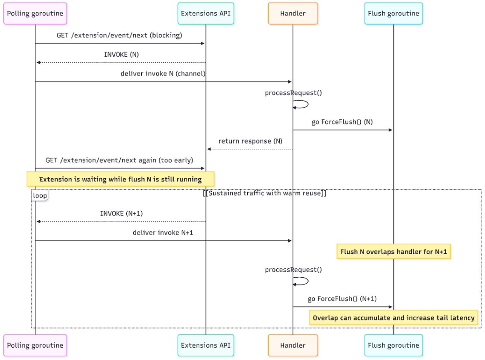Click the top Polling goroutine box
click(35, 13)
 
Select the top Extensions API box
click(206, 13)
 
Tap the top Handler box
click(293, 13)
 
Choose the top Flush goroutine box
click(393, 13)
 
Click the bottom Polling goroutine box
click(35, 345)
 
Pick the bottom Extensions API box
click(206, 345)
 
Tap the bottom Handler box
click(293, 345)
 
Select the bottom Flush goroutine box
click(393, 345)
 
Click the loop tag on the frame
click(40, 195)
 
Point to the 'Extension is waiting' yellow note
click(120, 179)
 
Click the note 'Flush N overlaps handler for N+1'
click(393, 252)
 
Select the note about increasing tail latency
click(393, 318)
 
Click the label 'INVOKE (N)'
click(121, 55)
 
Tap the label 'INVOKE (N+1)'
click(121, 213)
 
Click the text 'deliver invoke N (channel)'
click(163, 74)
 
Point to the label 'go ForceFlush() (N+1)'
click(342, 299)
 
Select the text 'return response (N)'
click(250, 141)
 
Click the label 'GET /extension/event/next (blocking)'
click(120, 35)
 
